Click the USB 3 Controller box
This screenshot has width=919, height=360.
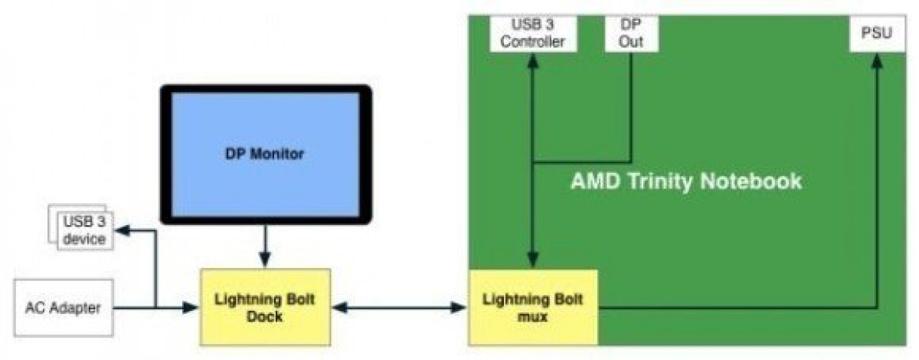pos(533,33)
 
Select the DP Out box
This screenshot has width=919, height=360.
pos(631,33)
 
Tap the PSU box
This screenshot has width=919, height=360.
pos(877,33)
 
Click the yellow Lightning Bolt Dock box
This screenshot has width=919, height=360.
pos(265,307)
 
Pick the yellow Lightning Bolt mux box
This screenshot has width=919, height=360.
pos(533,307)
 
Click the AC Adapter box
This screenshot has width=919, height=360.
pos(64,308)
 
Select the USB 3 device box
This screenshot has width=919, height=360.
pos(84,231)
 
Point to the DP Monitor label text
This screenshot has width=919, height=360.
pos(265,154)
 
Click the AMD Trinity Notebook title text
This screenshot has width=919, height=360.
pos(686,181)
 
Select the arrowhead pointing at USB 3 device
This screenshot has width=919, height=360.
pos(123,231)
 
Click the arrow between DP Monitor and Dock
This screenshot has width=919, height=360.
pos(265,247)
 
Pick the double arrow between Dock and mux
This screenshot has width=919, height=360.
pos(399,307)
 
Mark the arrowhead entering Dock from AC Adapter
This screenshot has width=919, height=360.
pos(191,307)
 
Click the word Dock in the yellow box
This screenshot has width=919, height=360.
pos(265,316)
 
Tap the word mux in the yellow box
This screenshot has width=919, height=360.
pos(532,317)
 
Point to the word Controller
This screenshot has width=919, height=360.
pos(532,41)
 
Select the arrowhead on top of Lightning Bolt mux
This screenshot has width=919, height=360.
pos(533,260)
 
